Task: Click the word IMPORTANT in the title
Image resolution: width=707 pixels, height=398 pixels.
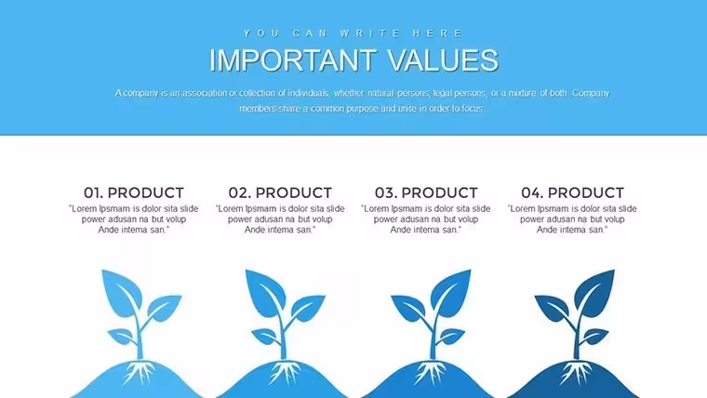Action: click(x=293, y=60)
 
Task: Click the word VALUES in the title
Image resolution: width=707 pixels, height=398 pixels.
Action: click(x=443, y=60)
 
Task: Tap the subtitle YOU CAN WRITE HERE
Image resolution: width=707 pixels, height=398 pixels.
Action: click(x=353, y=33)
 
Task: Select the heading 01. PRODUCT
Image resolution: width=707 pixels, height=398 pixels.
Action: click(x=134, y=192)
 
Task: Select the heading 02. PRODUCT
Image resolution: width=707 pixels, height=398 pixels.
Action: click(x=280, y=192)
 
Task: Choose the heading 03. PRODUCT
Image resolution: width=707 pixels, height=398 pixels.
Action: click(x=426, y=192)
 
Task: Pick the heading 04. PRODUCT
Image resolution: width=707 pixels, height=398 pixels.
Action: click(x=573, y=192)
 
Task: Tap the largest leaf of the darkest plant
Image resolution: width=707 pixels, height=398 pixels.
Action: click(x=595, y=292)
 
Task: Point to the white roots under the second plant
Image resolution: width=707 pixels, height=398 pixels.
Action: click(x=285, y=372)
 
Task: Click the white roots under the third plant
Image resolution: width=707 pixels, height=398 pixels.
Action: click(x=430, y=372)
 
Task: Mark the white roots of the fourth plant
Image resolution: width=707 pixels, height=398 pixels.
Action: click(x=575, y=372)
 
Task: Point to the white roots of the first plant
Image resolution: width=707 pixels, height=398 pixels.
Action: click(x=140, y=372)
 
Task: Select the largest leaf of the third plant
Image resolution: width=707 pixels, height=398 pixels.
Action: click(x=451, y=292)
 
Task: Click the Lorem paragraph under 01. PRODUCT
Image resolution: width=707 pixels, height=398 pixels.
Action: click(x=133, y=219)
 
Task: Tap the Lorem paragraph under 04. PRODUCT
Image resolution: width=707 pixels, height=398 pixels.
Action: click(x=572, y=219)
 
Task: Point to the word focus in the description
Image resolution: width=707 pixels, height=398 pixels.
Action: click(x=472, y=108)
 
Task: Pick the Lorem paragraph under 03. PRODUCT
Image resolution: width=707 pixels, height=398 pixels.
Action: click(x=426, y=219)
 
